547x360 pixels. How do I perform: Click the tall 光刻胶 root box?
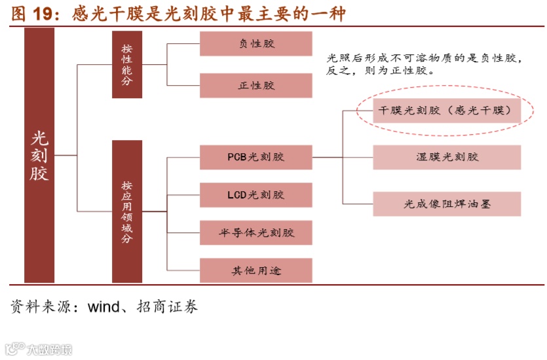click(x=39, y=156)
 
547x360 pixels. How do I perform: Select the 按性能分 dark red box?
click(x=126, y=65)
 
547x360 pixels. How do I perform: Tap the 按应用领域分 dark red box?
click(x=126, y=211)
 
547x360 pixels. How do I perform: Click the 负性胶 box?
click(x=255, y=44)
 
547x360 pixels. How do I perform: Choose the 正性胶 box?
click(x=255, y=86)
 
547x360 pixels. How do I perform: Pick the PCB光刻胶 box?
click(x=255, y=157)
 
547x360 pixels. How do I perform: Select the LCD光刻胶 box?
click(x=255, y=195)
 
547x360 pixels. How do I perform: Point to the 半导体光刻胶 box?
click(x=255, y=233)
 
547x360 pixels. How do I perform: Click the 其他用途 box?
click(x=255, y=270)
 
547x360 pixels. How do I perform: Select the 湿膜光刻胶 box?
click(x=447, y=157)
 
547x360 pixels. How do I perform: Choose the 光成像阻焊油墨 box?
click(x=447, y=204)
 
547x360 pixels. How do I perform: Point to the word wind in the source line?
click(x=104, y=306)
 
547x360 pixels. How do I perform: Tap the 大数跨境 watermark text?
click(x=49, y=350)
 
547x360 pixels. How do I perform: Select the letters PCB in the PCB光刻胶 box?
click(x=237, y=157)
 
